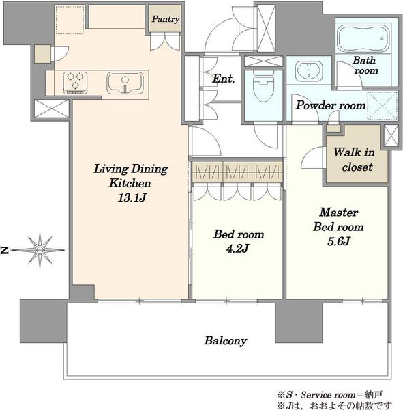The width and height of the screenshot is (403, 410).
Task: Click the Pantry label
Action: [x=166, y=19]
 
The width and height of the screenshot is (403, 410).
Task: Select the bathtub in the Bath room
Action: [x=363, y=38]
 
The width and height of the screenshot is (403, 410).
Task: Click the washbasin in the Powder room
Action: [x=309, y=70]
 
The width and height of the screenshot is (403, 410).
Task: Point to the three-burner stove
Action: [x=75, y=83]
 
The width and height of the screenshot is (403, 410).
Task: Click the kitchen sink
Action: [x=125, y=83]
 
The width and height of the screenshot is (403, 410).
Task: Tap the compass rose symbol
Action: [x=40, y=250]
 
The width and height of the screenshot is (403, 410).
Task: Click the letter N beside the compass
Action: [x=5, y=250]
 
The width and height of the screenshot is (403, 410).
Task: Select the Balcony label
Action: [x=226, y=340]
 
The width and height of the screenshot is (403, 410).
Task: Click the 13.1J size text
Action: [x=132, y=197]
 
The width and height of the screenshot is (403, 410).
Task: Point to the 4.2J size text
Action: [x=237, y=249]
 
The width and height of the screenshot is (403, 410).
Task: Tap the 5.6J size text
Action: [x=338, y=241]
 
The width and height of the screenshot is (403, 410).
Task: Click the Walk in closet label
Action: [x=355, y=159]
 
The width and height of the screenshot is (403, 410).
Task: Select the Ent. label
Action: [x=223, y=79]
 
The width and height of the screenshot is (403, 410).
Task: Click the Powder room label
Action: [x=331, y=105]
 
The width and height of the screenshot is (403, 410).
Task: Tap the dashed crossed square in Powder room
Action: [x=382, y=106]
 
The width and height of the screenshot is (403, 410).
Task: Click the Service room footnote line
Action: [x=330, y=394]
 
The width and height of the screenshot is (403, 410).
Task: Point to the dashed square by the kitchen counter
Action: [x=70, y=20]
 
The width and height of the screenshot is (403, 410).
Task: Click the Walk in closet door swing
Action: [x=312, y=157]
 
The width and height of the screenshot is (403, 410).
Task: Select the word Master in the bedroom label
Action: [x=338, y=212]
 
